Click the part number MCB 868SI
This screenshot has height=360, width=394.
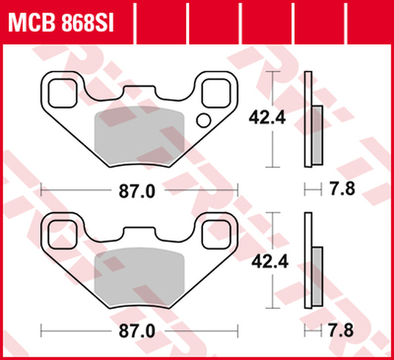[x=61, y=24]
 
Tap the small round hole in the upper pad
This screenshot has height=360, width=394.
[x=204, y=120]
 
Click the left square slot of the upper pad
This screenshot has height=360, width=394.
[x=62, y=93]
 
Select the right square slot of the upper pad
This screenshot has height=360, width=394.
[x=216, y=93]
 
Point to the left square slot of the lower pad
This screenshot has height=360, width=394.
[x=62, y=235]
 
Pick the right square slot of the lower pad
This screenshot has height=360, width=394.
[x=216, y=235]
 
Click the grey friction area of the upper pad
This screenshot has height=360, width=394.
[x=139, y=136]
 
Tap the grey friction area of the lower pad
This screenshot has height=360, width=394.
[x=139, y=277]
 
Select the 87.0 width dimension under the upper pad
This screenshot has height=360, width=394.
[x=137, y=191]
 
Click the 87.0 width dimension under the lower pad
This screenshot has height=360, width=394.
[x=137, y=331]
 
